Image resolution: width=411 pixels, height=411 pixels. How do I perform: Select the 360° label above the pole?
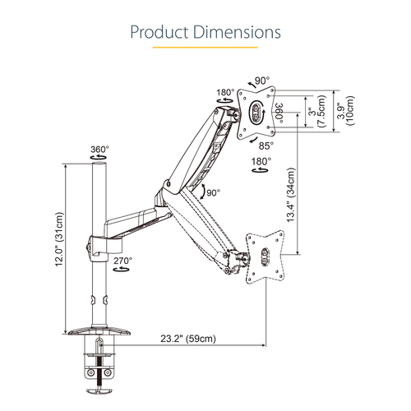click(x=99, y=150)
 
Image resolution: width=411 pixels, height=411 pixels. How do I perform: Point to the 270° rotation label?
click(x=123, y=261)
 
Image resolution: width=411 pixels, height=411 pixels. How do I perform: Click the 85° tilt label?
click(x=266, y=145)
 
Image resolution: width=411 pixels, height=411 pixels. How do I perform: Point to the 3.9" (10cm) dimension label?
click(x=345, y=109)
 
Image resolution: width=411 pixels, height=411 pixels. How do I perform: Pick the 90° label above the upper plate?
click(x=262, y=81)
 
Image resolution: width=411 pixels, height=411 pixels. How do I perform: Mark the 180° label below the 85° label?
click(x=261, y=161)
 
